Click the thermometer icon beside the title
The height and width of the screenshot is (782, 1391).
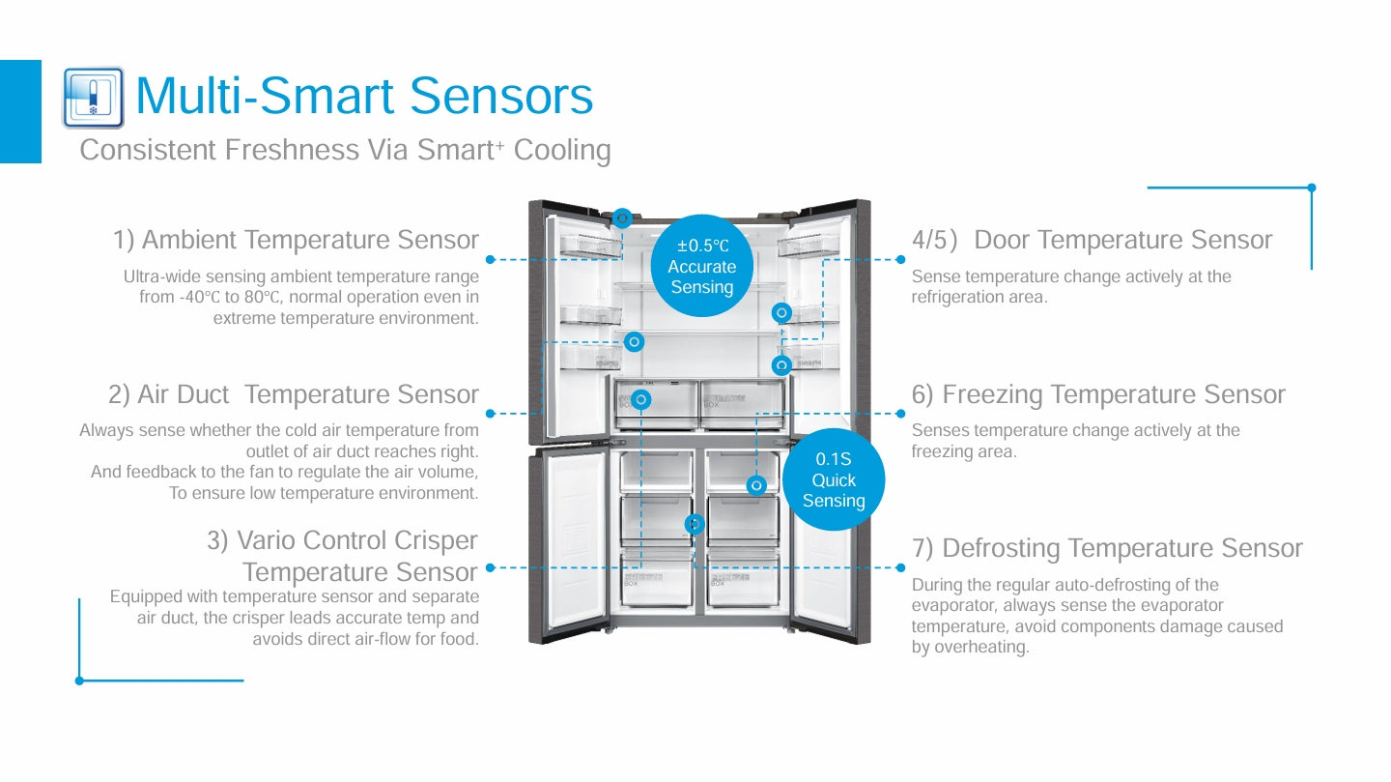[x=93, y=98]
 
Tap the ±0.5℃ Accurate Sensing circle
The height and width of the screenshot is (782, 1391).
[x=702, y=266]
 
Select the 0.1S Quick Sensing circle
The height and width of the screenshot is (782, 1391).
[x=833, y=480]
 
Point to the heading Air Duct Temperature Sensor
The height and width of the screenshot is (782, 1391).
[x=294, y=394]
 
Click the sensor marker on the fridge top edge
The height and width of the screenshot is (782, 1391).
[x=622, y=218]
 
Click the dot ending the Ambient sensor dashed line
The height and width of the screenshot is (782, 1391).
[x=490, y=259]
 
